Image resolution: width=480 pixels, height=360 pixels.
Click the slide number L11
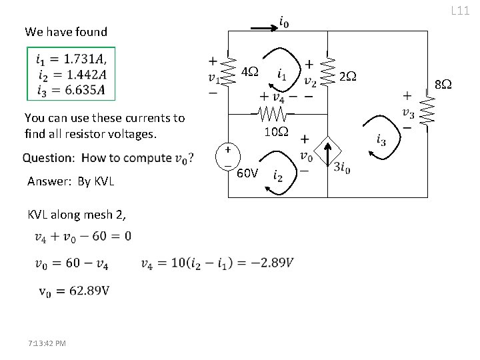tap(461, 10)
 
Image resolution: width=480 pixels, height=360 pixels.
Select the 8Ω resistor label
tap(443, 85)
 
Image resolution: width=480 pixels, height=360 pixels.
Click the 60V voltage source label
tap(248, 174)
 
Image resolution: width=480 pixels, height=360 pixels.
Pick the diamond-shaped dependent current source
tap(327, 153)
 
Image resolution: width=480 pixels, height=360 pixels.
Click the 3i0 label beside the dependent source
tap(343, 167)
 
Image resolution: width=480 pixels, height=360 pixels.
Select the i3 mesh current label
tap(381, 140)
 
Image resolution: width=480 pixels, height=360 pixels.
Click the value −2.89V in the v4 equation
tap(273, 263)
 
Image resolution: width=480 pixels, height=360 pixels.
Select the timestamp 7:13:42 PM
tap(47, 343)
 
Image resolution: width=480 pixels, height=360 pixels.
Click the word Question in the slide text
tap(48, 158)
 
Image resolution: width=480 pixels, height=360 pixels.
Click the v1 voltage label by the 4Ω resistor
tap(213, 77)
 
